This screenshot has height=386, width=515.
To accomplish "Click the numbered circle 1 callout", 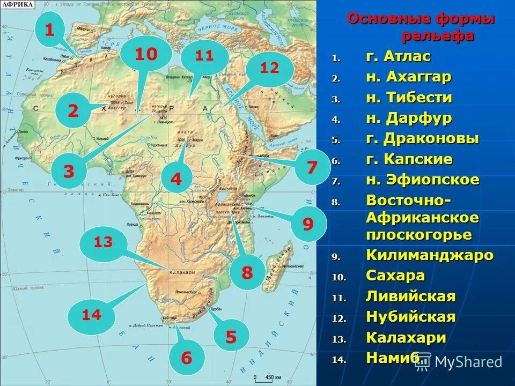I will (49, 30).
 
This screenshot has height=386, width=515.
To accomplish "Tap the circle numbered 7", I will (312, 167).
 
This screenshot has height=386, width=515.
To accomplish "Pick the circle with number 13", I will (103, 243).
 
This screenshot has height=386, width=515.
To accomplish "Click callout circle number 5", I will (231, 337).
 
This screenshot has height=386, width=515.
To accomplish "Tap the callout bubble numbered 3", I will (69, 172).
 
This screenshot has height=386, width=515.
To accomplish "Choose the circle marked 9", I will (308, 224).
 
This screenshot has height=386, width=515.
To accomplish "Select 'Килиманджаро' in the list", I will (429, 255).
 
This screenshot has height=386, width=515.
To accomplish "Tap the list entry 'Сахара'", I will (395, 276).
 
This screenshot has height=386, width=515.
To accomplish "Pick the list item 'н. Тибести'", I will (409, 98).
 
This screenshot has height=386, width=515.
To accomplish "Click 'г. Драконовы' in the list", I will (422, 139).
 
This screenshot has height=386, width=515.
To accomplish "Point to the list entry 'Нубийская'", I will (410, 317).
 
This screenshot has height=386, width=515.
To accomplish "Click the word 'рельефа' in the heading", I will (438, 36).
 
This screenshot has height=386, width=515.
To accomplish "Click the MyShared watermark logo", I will (459, 362).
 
